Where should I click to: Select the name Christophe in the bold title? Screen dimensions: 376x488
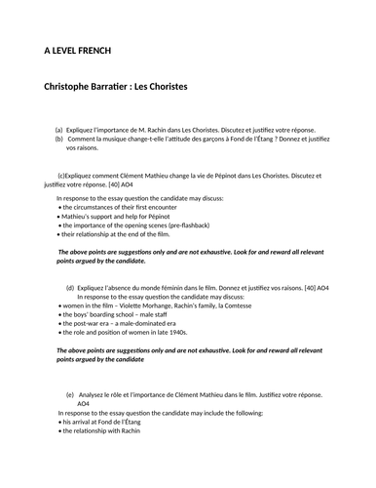coord(77,87)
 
